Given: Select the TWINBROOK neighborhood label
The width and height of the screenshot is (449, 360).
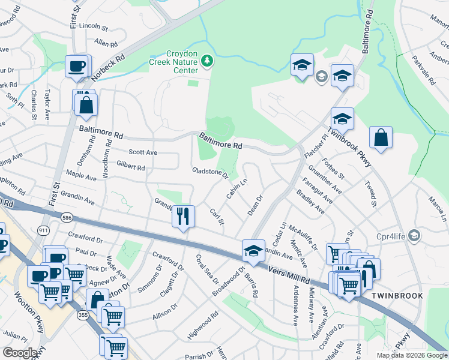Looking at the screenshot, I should (x=397, y=296).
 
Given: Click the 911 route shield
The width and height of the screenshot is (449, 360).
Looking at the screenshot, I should (x=43, y=230).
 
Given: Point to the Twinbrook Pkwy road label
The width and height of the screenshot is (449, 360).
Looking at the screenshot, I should (x=350, y=148).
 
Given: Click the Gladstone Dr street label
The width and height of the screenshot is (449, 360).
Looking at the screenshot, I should (x=210, y=173).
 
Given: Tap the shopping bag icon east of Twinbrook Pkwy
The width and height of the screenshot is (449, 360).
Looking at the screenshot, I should (x=381, y=137).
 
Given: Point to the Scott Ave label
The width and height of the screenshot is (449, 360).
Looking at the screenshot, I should (x=143, y=152).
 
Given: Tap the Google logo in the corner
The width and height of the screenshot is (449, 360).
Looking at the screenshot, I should (x=20, y=353).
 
